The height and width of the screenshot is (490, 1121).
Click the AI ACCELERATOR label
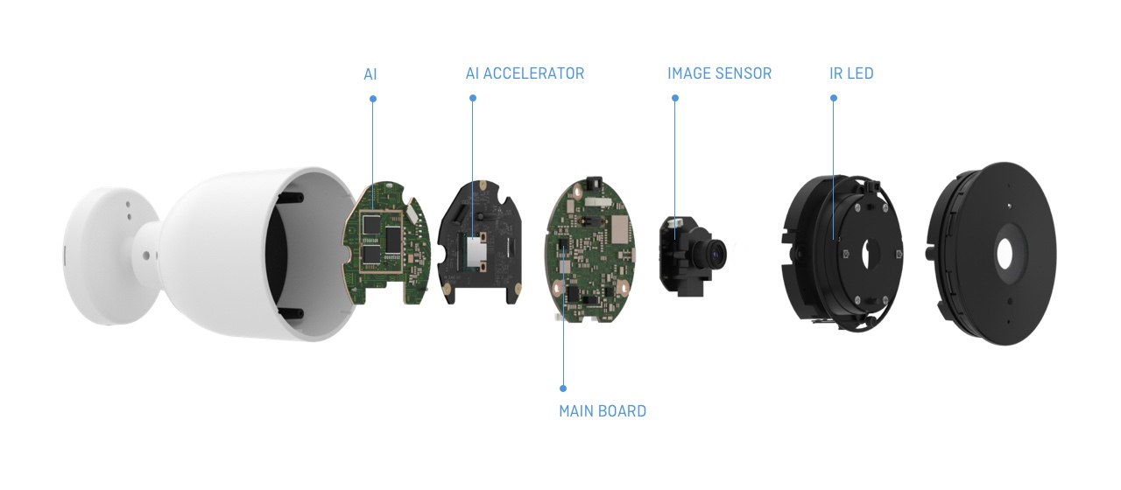(525, 74)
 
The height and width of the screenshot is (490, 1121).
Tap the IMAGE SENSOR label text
(719, 74)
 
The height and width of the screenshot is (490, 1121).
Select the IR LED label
(851, 74)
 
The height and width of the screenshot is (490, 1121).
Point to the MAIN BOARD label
(603, 411)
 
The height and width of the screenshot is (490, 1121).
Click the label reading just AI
(370, 74)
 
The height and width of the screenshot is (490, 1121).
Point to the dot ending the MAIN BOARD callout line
(562, 388)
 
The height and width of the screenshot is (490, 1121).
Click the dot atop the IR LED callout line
(833, 98)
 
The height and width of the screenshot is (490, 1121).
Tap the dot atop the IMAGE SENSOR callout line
(675, 98)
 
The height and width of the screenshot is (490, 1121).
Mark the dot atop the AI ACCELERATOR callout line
(473, 98)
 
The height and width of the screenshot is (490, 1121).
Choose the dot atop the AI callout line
(373, 98)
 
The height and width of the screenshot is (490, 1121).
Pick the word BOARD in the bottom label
(624, 411)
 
